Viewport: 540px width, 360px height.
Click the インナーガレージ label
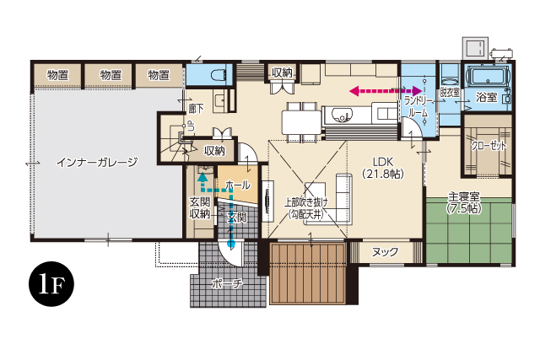point(97,162)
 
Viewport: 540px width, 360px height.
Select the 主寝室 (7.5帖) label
point(464,202)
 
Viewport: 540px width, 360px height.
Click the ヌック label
point(385,250)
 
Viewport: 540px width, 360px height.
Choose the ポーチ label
point(228,284)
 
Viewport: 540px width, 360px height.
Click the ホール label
point(237,184)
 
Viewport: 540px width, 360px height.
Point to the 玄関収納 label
point(199,207)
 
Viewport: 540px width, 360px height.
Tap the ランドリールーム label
point(419,105)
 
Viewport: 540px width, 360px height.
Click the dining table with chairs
point(301,118)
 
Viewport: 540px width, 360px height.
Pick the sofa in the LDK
point(345,196)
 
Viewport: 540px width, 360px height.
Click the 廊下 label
point(197,109)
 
